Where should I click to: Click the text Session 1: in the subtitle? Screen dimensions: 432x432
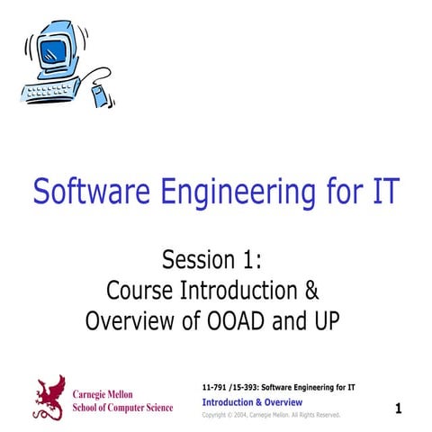tap(212, 261)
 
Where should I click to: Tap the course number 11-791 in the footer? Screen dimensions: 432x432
tap(217, 387)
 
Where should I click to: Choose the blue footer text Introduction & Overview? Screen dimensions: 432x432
tap(252, 401)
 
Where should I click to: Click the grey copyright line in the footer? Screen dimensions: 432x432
tap(270, 415)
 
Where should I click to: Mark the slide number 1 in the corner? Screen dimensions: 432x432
tap(398, 409)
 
